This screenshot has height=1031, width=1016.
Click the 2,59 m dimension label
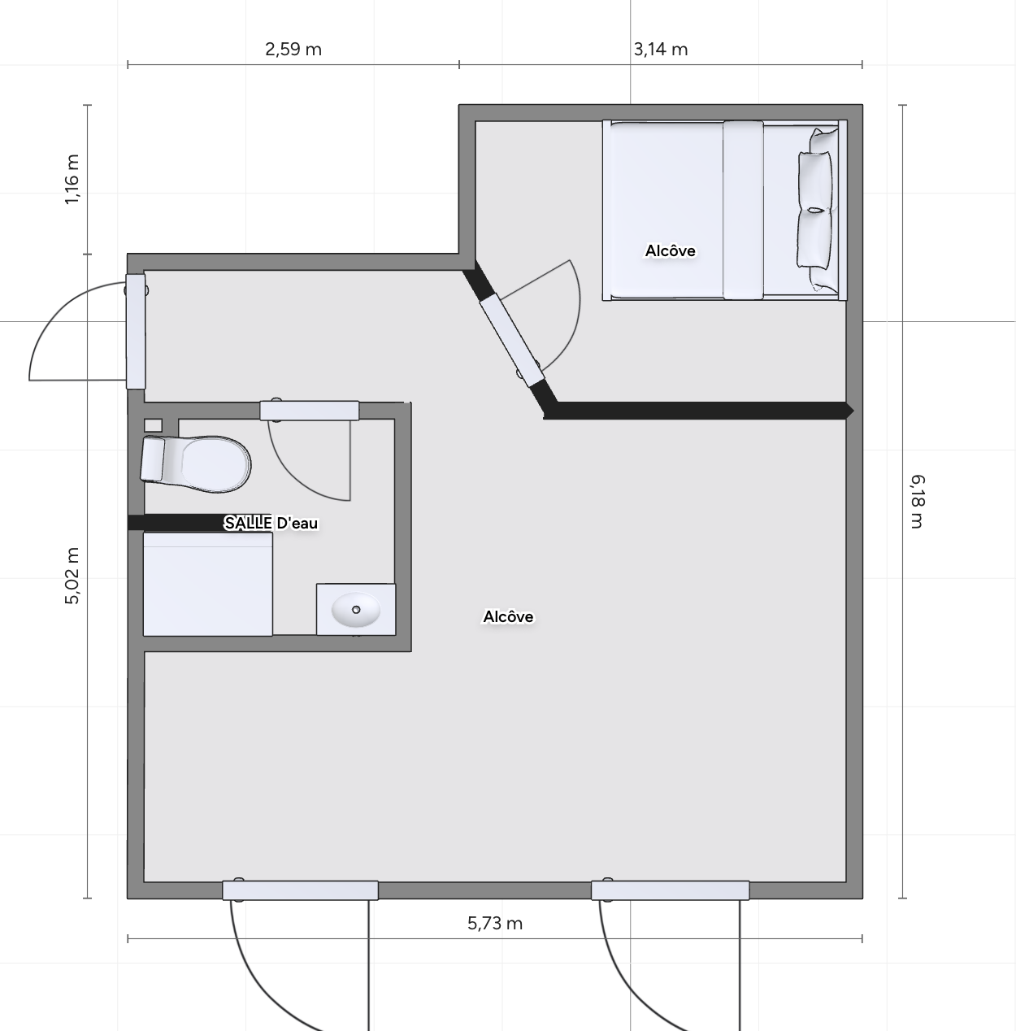tap(293, 50)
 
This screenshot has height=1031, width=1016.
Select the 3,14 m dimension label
tap(660, 50)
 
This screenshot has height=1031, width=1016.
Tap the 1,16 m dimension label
tap(72, 179)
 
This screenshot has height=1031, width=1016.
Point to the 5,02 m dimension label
tap(72, 576)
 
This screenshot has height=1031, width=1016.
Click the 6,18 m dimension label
tap(917, 502)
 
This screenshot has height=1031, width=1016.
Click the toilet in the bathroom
tap(195, 463)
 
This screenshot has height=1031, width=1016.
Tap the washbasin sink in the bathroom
tap(356, 609)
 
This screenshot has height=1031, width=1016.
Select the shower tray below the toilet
tap(207, 584)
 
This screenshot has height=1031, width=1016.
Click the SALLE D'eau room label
tap(271, 523)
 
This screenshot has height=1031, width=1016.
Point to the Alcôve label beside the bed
tap(670, 250)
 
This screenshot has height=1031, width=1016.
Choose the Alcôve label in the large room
tap(508, 616)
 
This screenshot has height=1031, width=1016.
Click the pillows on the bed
tap(816, 210)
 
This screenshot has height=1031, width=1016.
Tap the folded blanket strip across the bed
tap(743, 210)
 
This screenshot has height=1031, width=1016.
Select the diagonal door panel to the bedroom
tap(512, 340)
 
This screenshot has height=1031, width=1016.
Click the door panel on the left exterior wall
tap(136, 332)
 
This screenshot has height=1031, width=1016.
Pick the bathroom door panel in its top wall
tap(309, 411)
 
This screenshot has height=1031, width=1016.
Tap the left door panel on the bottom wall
tap(300, 890)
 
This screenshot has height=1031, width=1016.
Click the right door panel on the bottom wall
tap(670, 890)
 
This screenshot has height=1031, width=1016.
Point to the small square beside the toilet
tap(153, 425)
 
